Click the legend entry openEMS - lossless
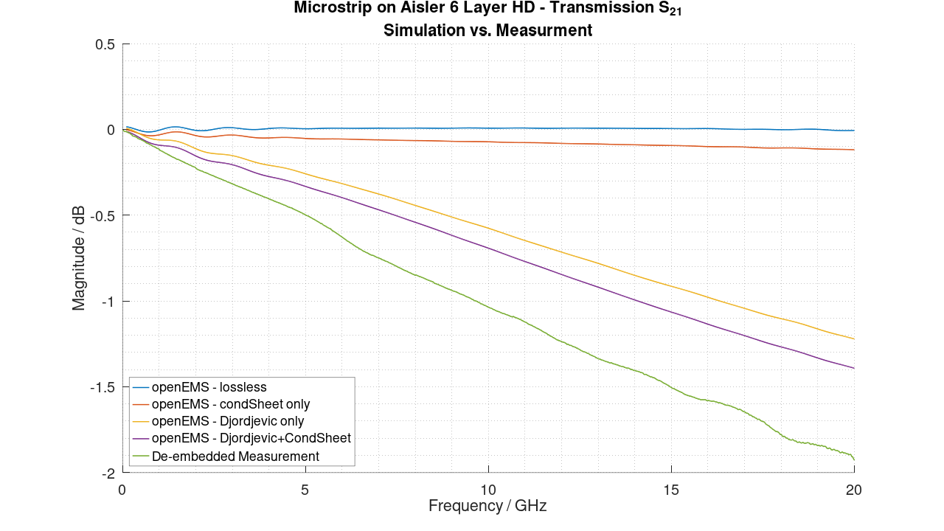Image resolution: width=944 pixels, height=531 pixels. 209,387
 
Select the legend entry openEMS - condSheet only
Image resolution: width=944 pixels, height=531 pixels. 230,404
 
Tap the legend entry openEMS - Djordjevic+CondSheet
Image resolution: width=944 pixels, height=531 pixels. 251,438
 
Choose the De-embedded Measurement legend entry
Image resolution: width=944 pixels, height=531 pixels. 235,457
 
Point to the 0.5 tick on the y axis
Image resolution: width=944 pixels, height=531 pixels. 105,44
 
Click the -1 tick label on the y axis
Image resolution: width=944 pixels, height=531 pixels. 108,302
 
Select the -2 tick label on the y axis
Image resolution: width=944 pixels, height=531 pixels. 108,473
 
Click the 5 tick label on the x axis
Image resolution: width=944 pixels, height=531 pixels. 305,489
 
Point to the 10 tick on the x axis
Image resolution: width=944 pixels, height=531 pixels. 488,489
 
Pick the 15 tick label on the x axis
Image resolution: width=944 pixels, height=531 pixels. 671,489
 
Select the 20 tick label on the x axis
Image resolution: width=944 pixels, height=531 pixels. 854,489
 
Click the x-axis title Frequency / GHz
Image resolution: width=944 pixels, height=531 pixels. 487,506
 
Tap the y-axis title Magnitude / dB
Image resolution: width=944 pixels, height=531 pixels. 78,258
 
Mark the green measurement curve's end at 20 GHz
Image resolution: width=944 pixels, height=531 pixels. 854,459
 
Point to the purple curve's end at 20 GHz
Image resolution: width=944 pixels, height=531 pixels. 854,368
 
